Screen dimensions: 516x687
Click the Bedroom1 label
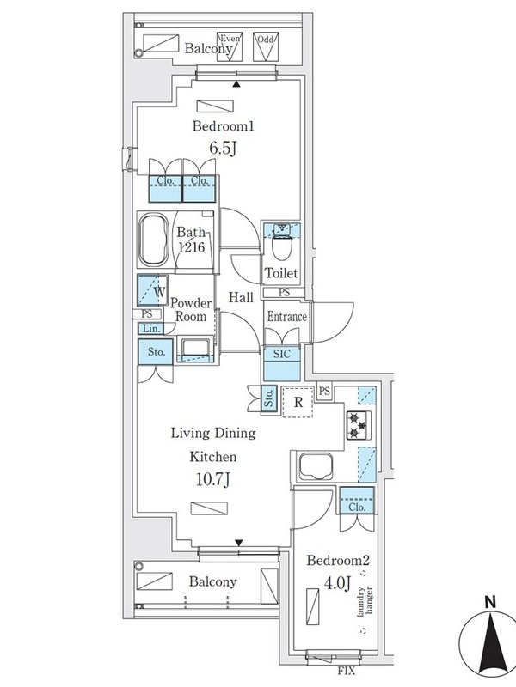[224, 126]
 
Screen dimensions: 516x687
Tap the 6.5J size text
[223, 148]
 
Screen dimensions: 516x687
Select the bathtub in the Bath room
[154, 240]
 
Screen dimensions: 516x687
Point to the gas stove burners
[359, 425]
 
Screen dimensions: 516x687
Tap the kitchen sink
[316, 466]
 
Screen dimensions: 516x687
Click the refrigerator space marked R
[298, 402]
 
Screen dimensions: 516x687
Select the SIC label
[282, 354]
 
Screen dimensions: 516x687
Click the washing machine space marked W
[152, 289]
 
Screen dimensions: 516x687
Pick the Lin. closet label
[151, 328]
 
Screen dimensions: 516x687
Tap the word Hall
[241, 297]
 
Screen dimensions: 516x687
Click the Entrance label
[287, 316]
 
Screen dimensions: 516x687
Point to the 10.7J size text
[212, 479]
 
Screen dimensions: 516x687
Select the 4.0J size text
[337, 583]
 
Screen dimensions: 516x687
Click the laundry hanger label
[365, 600]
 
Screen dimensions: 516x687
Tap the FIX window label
[347, 671]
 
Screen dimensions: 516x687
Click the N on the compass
[490, 602]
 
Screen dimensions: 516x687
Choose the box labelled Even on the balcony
[230, 46]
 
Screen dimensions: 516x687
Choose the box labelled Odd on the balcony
[266, 46]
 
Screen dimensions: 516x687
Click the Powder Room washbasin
[195, 350]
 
